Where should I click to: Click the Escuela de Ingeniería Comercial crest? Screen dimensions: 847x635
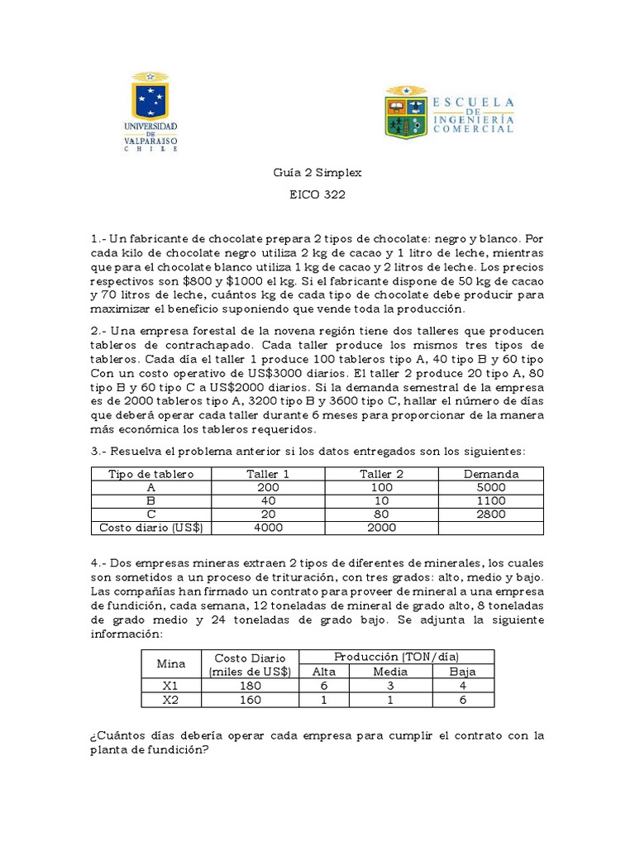(x=405, y=112)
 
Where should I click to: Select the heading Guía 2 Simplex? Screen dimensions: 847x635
(x=317, y=174)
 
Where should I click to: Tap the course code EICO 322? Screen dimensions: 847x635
(x=317, y=195)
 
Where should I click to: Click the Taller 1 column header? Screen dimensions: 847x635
(x=268, y=474)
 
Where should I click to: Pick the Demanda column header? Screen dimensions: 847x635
(x=491, y=474)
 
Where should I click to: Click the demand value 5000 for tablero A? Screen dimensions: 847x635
(x=491, y=487)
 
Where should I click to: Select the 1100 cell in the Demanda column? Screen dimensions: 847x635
(x=491, y=500)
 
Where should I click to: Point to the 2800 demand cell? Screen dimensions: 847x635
(x=491, y=514)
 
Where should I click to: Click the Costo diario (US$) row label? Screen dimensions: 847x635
(x=151, y=527)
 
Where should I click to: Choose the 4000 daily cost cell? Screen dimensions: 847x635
(x=268, y=527)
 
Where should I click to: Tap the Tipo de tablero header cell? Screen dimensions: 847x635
(x=151, y=474)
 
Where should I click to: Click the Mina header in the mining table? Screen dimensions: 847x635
(x=171, y=663)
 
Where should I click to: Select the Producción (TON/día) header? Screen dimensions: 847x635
(x=397, y=656)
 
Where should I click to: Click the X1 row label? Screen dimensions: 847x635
(x=171, y=686)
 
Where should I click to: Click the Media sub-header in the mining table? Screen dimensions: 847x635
(x=391, y=672)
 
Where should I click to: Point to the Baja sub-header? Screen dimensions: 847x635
(x=463, y=672)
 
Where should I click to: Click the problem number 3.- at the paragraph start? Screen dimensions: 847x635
(x=100, y=452)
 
